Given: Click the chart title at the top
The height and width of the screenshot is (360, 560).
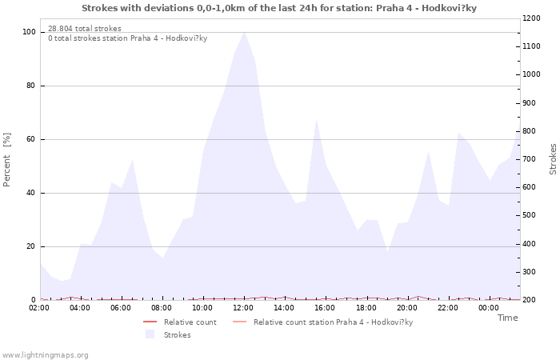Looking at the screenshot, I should click(x=279, y=8).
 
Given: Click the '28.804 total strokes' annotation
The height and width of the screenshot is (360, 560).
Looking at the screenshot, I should click(x=85, y=29).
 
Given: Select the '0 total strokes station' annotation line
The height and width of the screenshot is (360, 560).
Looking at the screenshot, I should click(x=128, y=38).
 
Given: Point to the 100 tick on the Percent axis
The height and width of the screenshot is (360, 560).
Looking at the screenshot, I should click(x=30, y=32).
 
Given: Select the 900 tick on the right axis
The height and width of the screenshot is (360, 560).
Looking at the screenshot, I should click(x=530, y=103).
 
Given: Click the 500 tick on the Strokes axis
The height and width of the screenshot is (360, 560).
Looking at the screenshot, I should click(x=530, y=216).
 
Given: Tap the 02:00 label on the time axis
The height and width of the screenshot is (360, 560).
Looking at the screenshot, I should click(x=40, y=308).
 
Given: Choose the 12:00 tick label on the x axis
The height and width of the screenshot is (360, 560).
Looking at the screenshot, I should click(x=243, y=308).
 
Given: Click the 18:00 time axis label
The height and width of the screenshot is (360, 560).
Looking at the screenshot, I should click(x=366, y=308).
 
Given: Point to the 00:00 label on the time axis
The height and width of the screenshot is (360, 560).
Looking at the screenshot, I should click(x=488, y=308).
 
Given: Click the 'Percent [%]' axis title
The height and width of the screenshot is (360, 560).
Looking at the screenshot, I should click(x=7, y=160).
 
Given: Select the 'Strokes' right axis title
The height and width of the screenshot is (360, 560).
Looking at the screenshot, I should click(x=553, y=159).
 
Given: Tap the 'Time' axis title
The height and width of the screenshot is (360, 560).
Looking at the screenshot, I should click(x=507, y=318).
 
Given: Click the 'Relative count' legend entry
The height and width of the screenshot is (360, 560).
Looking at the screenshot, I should click(x=190, y=322).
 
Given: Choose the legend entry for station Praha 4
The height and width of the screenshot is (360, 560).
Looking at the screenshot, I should click(x=333, y=322).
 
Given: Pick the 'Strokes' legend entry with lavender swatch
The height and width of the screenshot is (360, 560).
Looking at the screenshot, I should click(x=177, y=335).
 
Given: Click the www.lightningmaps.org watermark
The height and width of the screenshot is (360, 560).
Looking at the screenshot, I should click(x=46, y=354).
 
